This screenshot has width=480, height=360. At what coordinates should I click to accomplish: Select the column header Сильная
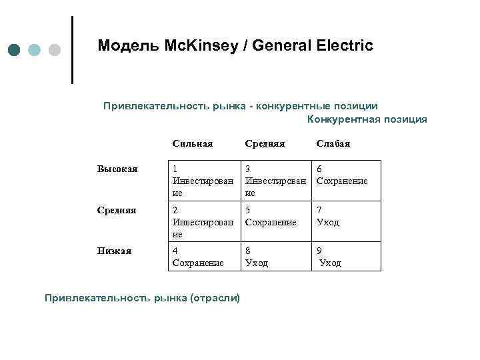192,143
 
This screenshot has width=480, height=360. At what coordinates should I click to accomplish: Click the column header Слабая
333,143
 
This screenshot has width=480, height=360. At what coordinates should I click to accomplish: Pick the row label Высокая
117,169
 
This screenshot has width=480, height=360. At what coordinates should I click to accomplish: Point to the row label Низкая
114,251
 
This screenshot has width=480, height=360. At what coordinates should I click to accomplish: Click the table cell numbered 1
203,180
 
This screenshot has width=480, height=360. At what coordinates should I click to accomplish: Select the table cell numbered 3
275,180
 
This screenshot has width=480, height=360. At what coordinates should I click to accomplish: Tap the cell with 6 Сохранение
346,180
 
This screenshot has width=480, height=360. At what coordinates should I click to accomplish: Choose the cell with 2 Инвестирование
203,221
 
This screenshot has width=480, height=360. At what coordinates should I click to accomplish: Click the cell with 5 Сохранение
275,221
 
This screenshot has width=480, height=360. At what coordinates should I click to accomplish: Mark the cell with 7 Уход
346,221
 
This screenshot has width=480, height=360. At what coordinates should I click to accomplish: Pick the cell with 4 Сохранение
203,257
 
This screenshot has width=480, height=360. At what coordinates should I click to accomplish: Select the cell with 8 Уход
275,257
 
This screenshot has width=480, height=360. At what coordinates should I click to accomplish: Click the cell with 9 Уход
346,257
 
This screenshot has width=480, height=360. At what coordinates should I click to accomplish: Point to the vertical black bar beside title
72,50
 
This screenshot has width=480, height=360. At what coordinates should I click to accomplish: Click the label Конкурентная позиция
367,119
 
